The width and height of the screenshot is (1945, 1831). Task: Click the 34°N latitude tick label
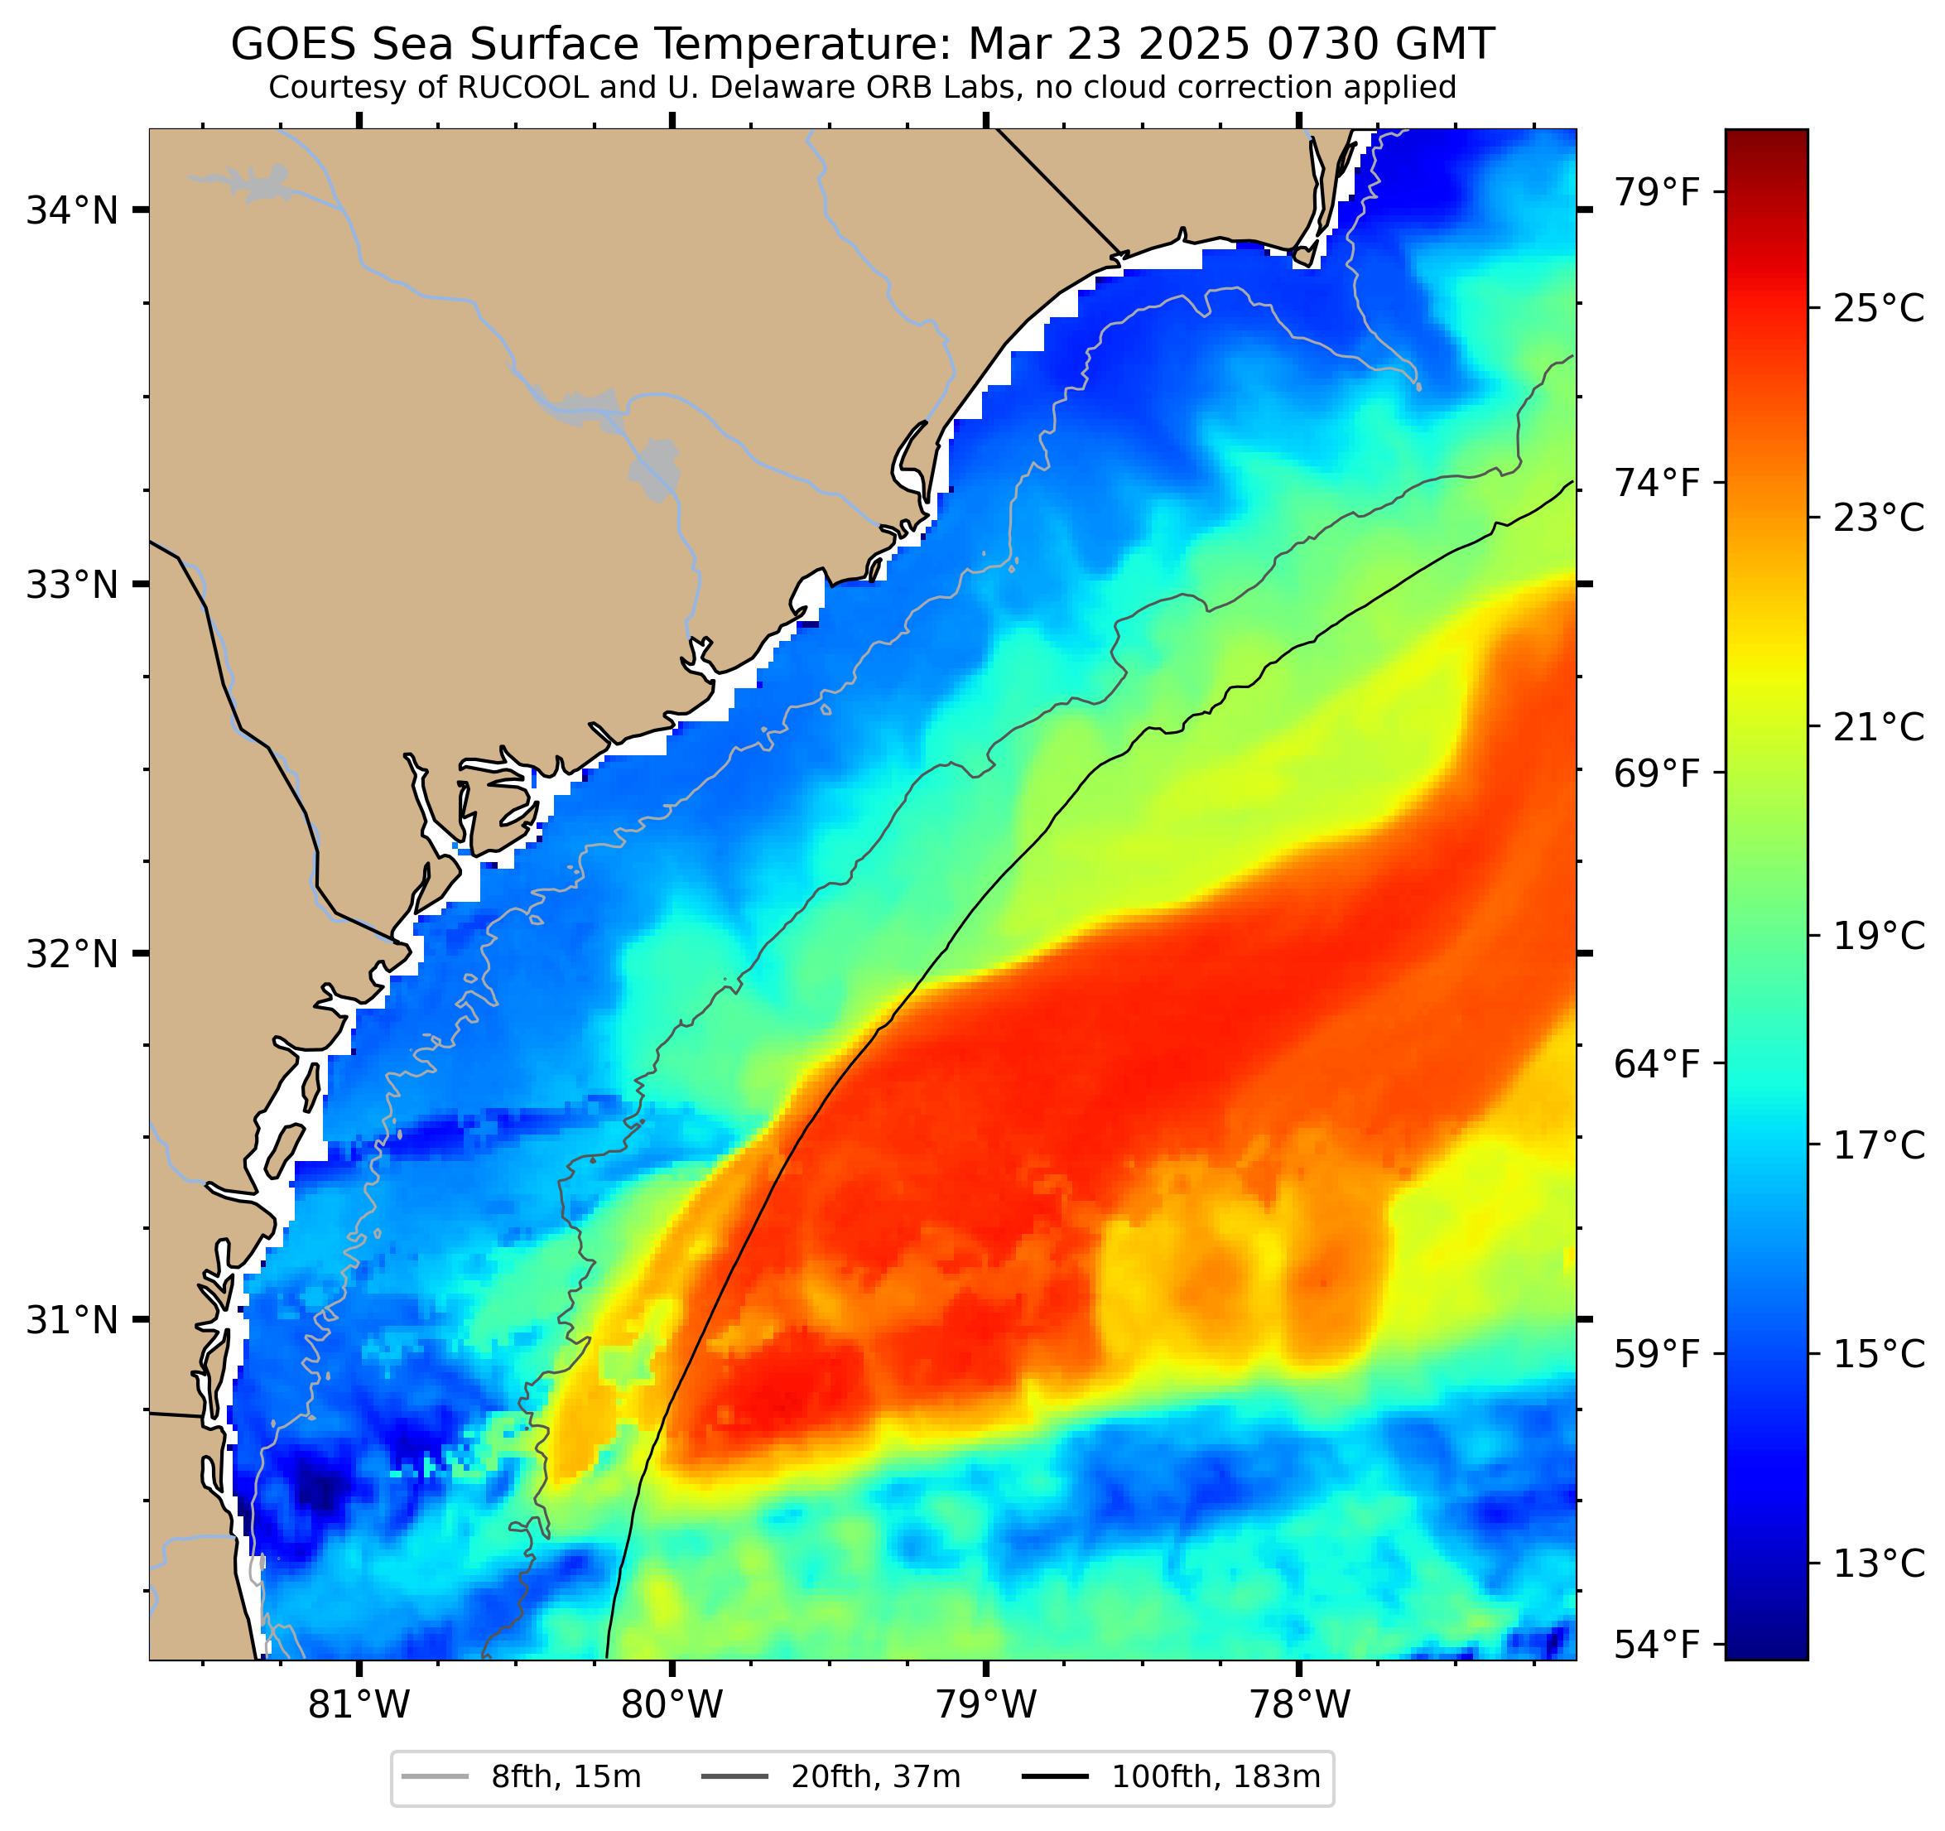(71, 210)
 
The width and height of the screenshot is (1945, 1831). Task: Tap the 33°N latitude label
(71, 585)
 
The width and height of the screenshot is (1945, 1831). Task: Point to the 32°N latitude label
(71, 953)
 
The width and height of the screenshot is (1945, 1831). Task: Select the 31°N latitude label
(71, 1320)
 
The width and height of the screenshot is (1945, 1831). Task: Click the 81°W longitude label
(359, 1706)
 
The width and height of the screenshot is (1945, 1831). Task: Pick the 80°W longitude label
(672, 1706)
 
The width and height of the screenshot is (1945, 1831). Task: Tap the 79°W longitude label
(985, 1706)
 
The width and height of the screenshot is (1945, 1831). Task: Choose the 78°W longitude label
(1299, 1706)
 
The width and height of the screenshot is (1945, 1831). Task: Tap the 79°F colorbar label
(1656, 192)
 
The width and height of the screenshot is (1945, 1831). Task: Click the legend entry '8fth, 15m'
(566, 1776)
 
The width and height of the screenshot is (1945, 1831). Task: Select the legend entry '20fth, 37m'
(876, 1776)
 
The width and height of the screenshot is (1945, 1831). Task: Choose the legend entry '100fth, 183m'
(1216, 1776)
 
